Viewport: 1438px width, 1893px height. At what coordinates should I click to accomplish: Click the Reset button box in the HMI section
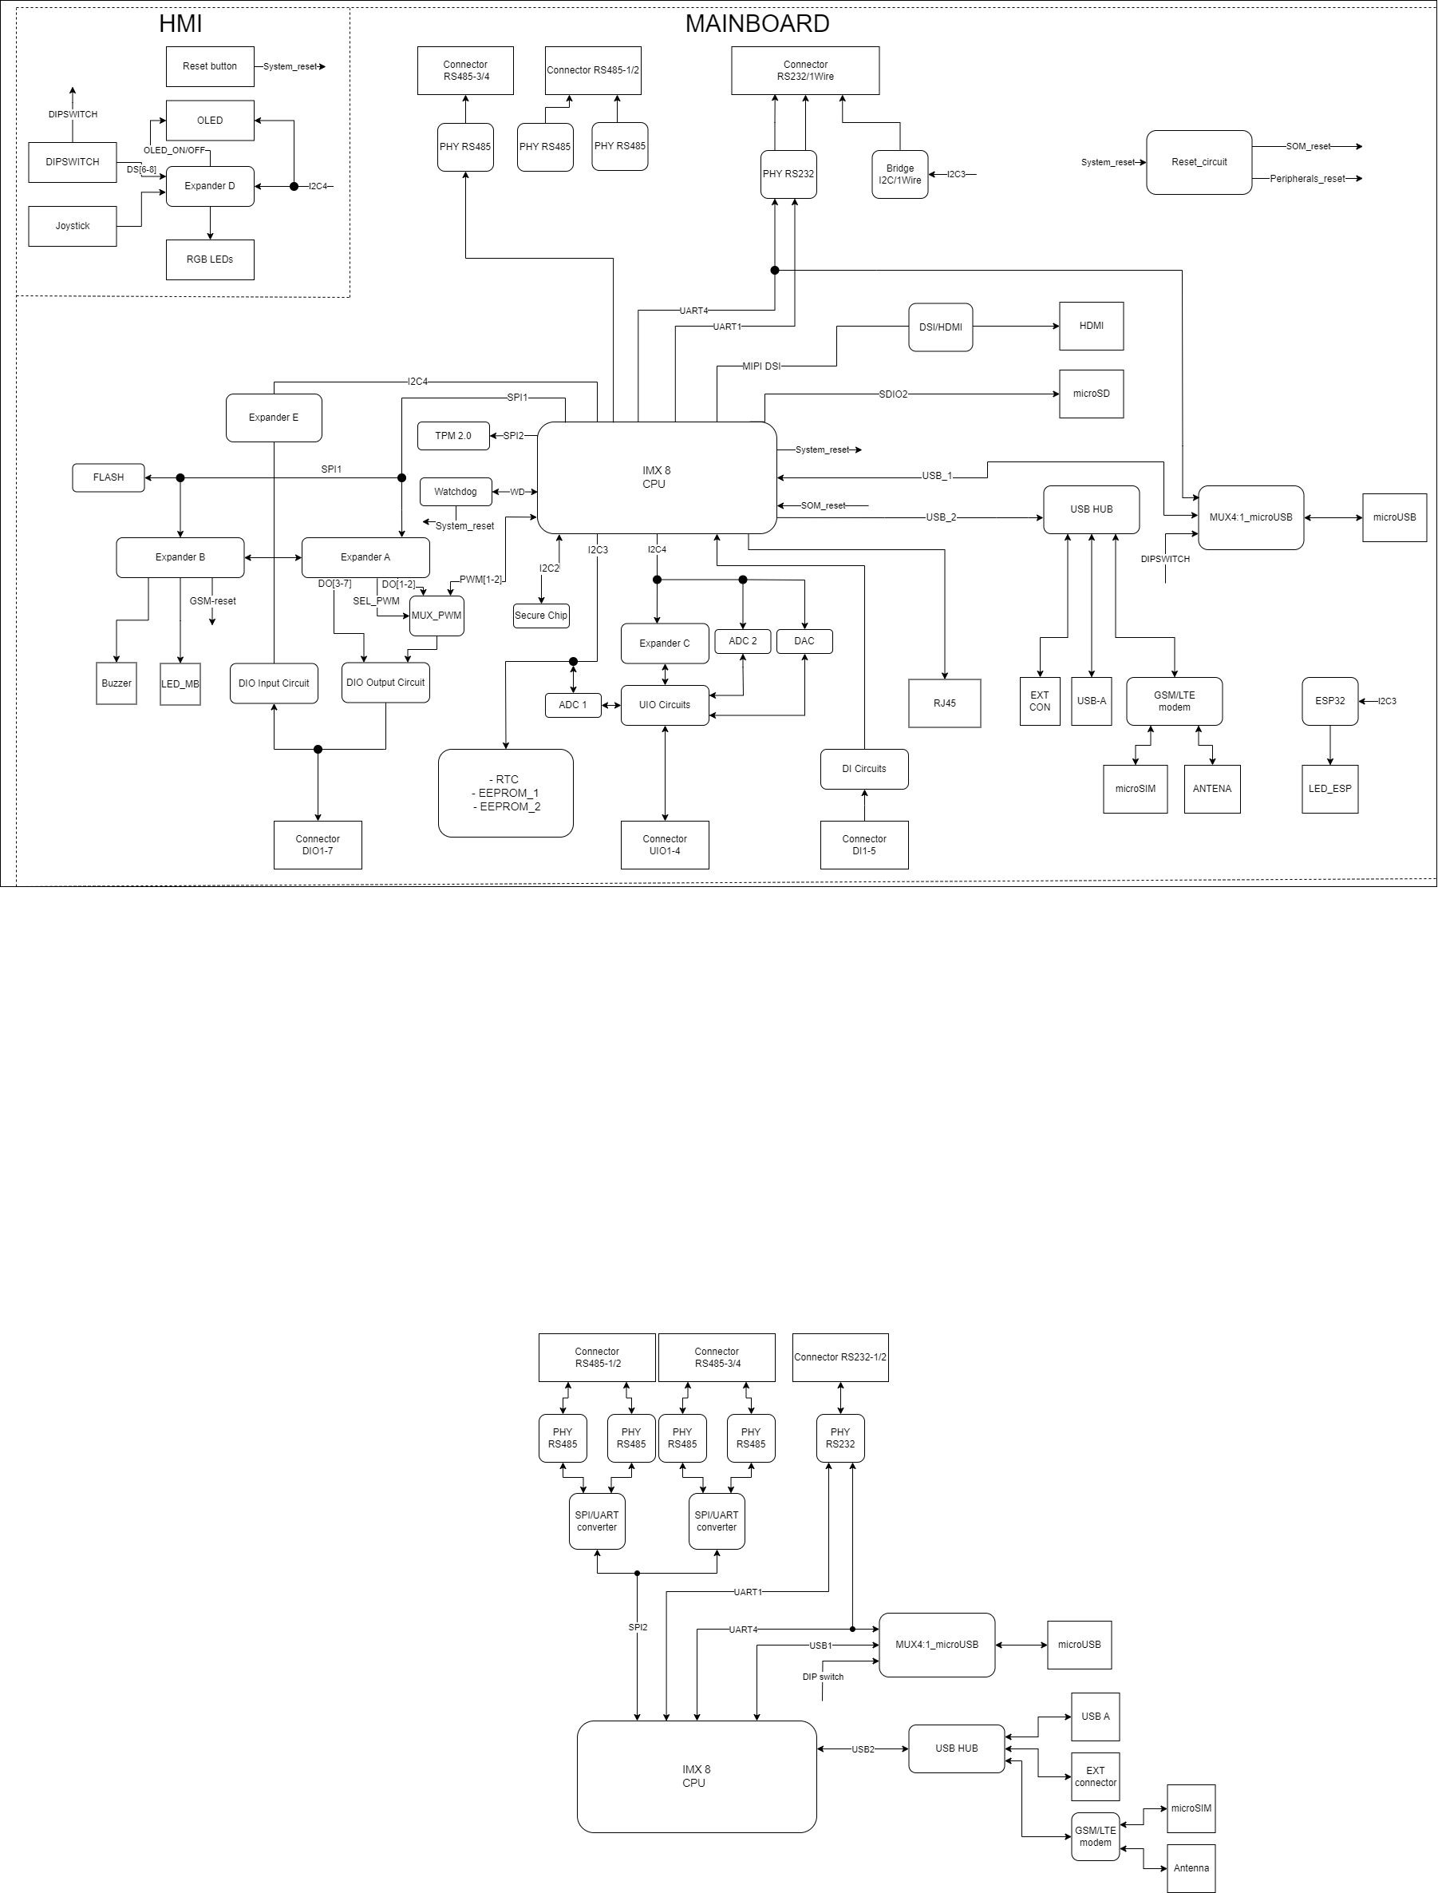[210, 67]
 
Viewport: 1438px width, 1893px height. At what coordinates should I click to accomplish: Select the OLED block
[210, 121]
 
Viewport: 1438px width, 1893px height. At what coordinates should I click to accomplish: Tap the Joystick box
[72, 226]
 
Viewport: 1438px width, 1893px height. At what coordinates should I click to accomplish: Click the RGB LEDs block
[210, 259]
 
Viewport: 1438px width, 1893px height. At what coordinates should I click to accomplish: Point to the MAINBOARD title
[757, 24]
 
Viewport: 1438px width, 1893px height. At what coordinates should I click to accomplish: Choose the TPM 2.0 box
[452, 436]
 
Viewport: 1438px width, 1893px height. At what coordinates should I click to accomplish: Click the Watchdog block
[456, 492]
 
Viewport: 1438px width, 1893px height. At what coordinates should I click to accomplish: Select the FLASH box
[109, 477]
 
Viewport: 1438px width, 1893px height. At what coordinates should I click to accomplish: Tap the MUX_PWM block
[437, 616]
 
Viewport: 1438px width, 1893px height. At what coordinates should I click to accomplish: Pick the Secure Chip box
[541, 616]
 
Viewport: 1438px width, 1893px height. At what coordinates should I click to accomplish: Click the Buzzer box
[117, 683]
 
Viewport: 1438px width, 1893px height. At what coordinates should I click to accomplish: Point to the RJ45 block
[944, 703]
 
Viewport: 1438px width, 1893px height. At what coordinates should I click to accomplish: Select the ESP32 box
[1329, 701]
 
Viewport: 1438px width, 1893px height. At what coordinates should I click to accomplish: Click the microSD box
[1091, 394]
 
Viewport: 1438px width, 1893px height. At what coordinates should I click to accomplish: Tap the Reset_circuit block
[1199, 163]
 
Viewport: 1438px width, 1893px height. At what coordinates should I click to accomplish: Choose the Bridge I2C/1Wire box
[899, 175]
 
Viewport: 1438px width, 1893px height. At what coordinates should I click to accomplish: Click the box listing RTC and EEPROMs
[505, 793]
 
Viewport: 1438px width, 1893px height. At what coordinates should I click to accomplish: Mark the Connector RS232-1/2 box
[839, 1357]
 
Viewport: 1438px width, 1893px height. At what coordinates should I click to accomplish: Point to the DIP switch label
[823, 1677]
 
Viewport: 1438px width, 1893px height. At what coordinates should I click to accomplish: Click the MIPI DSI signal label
[761, 366]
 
